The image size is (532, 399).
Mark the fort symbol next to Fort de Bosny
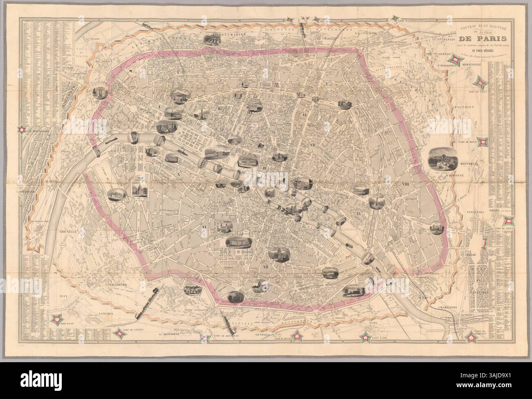(484, 141)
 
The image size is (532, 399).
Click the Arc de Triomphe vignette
(100, 93)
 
